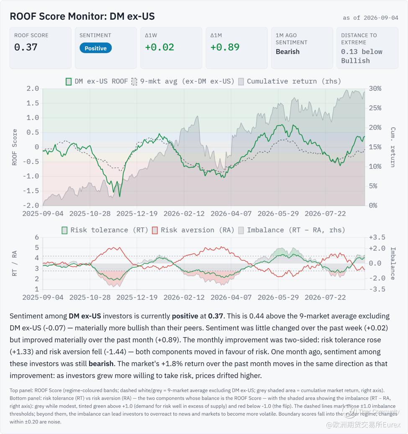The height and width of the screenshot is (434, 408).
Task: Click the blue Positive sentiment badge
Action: pos(95,48)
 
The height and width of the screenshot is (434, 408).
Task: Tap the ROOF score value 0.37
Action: pos(26,47)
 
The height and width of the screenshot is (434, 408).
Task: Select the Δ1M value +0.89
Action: pos(225,47)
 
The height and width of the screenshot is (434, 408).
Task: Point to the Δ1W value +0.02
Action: pos(159,47)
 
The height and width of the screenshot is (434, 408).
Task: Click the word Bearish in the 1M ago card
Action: pos(287,52)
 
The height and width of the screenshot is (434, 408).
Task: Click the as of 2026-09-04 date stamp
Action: pos(370,18)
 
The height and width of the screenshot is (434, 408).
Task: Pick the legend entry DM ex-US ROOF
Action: pos(97,81)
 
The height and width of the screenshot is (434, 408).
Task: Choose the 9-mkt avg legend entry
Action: pos(183,81)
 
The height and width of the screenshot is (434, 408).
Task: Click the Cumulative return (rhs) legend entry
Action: pos(290,81)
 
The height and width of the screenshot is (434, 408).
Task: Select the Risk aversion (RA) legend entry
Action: pos(193,230)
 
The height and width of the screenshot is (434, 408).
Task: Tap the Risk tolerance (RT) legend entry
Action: pos(105,230)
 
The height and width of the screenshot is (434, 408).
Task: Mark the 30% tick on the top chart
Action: pos(375,89)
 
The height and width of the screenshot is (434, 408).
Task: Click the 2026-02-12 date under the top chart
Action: pos(184,214)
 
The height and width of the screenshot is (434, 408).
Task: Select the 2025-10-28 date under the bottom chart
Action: pos(90,297)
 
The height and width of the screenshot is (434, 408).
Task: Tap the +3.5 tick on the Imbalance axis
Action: pos(377,237)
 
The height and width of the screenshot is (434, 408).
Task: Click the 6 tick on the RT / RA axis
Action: pos(37,237)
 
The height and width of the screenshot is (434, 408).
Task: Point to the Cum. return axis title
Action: pos(393,147)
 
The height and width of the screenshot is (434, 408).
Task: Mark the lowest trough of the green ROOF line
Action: pos(120,197)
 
